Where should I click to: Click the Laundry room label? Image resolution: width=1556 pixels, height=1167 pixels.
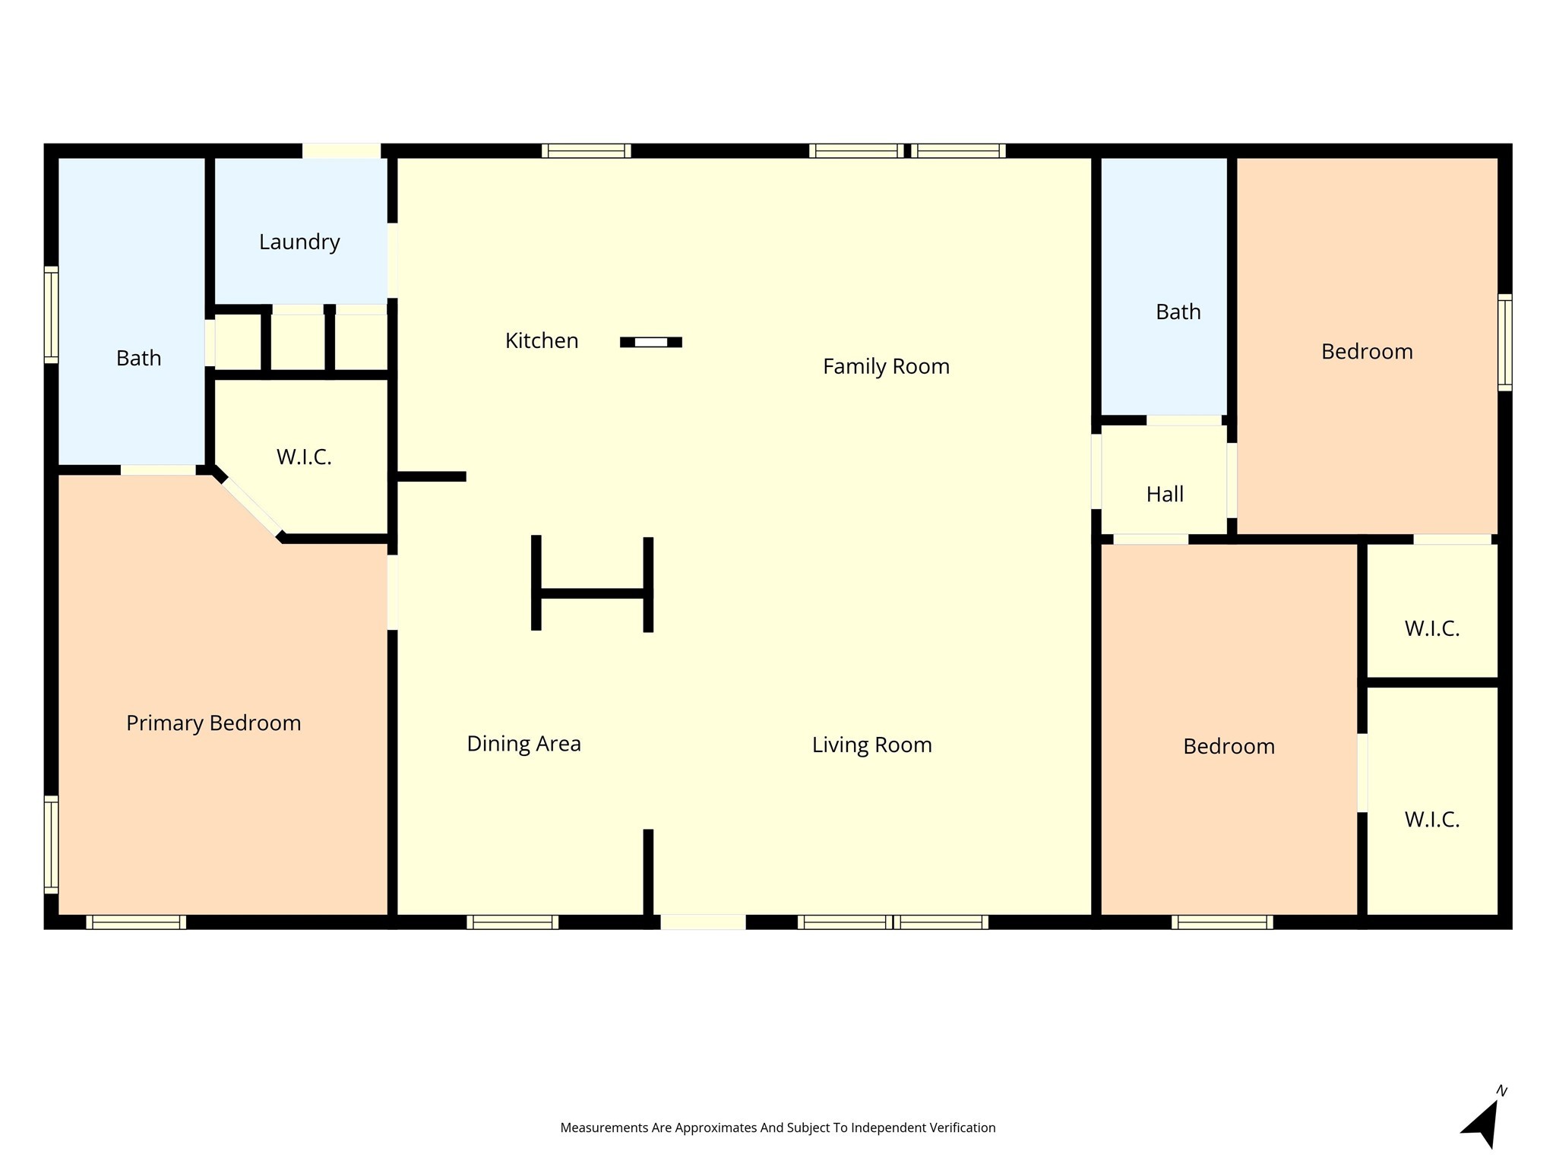click(x=299, y=242)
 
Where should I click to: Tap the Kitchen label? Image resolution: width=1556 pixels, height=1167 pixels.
click(x=542, y=340)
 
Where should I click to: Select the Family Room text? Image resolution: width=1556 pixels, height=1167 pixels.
click(x=886, y=367)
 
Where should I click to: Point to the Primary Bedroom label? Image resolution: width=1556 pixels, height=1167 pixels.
click(x=213, y=723)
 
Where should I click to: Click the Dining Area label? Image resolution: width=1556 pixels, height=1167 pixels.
click(x=523, y=744)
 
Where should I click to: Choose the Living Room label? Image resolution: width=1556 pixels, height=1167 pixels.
click(x=871, y=745)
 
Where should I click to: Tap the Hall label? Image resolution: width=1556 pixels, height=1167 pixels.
click(x=1165, y=495)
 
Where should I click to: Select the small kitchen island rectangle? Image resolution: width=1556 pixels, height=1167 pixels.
click(x=651, y=342)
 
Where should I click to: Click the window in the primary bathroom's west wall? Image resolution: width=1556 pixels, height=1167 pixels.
click(x=51, y=315)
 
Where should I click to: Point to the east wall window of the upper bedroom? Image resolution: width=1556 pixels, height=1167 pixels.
click(x=1504, y=343)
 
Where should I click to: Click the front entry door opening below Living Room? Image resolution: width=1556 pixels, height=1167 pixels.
click(x=703, y=922)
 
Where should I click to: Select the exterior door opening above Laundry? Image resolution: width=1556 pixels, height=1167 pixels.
click(x=341, y=150)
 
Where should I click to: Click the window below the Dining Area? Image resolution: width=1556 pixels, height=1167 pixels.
click(x=512, y=922)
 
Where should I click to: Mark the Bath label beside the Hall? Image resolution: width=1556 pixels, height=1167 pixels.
click(x=1178, y=312)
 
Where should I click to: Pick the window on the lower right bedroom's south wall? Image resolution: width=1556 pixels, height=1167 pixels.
click(x=1222, y=922)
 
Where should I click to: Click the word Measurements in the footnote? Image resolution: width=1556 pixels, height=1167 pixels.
click(x=604, y=1127)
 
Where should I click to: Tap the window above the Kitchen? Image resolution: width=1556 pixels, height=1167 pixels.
click(x=587, y=150)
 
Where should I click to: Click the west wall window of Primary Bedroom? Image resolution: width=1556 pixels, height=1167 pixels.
click(x=51, y=844)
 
